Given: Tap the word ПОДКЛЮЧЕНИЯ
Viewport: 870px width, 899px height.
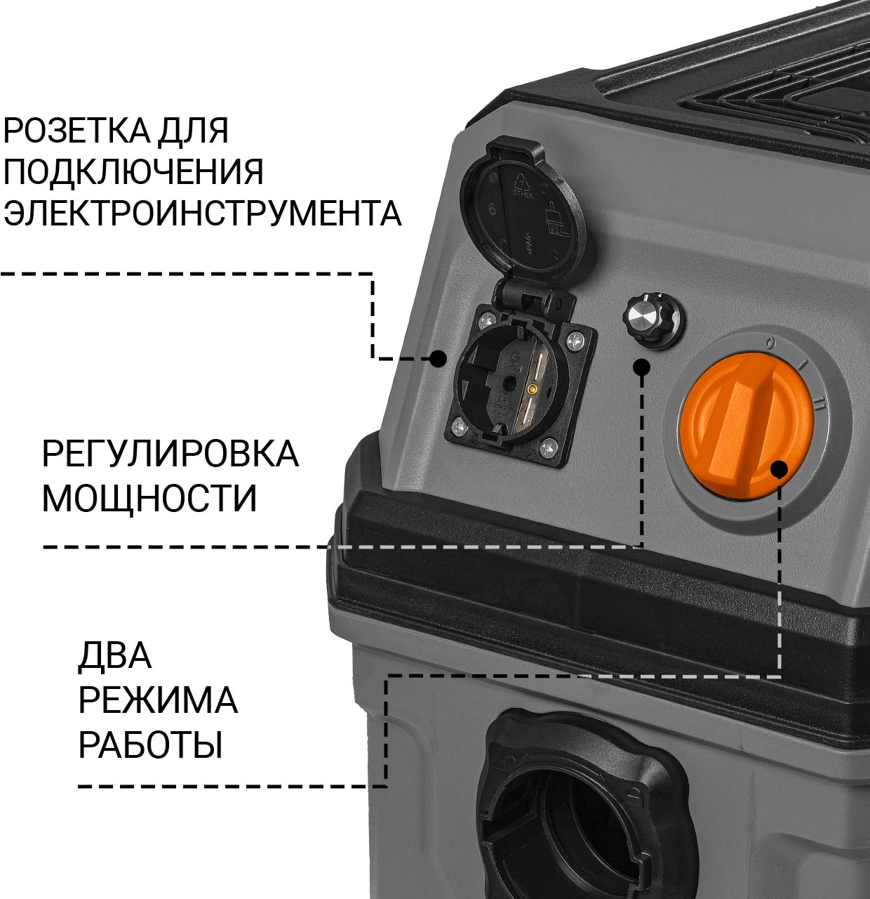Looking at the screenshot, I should (x=134, y=172).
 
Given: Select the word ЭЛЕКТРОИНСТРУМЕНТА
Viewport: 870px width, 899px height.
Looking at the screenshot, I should (x=203, y=213).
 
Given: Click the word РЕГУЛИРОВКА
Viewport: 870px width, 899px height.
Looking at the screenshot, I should (x=170, y=454).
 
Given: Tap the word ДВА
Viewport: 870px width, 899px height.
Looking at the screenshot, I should (x=114, y=656).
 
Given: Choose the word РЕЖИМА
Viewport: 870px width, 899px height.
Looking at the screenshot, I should (x=158, y=701).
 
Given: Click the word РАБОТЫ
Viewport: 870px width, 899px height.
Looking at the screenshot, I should (x=150, y=745).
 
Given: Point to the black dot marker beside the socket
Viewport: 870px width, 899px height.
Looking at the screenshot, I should (x=438, y=357).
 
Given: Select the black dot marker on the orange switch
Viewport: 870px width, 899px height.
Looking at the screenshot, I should (x=779, y=470).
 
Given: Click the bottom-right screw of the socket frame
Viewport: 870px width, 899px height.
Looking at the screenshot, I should (x=547, y=445).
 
